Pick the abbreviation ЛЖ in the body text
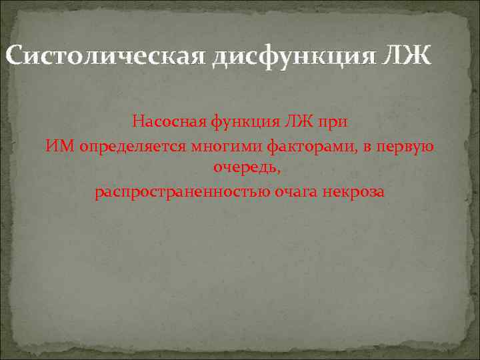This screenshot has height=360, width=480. point(291,122)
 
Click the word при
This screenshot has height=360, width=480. point(333,123)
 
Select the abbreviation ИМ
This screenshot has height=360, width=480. point(61,146)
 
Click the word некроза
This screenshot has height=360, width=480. point(354,192)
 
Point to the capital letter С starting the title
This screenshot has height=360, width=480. point(14,56)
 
